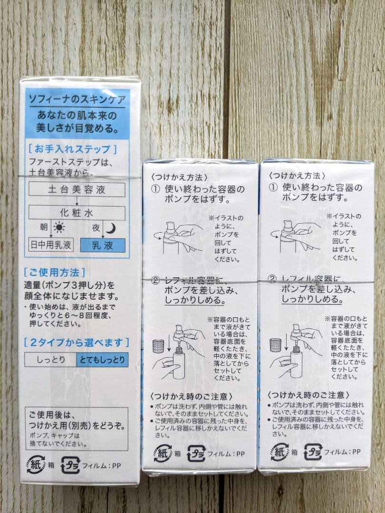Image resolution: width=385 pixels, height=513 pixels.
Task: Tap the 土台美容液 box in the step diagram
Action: pos(77,190)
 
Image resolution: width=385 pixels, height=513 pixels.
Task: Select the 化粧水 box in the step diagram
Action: pos(77,213)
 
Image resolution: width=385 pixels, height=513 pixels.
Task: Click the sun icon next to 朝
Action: pos(58,228)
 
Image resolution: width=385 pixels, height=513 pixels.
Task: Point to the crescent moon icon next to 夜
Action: pos(110,228)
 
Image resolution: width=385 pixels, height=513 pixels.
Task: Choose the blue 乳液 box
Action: pos(102,245)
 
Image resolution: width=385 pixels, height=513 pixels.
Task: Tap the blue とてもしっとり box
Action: pos(102,360)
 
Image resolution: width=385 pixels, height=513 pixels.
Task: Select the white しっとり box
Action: pos(51,360)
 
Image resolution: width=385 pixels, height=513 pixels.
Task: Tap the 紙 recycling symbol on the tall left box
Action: pos(36,464)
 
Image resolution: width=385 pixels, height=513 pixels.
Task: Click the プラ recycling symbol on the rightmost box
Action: pos(314,452)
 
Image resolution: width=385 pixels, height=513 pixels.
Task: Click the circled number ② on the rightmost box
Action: pos(272,279)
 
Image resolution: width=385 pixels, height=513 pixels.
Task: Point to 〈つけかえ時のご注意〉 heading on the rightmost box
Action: pos(309,395)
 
